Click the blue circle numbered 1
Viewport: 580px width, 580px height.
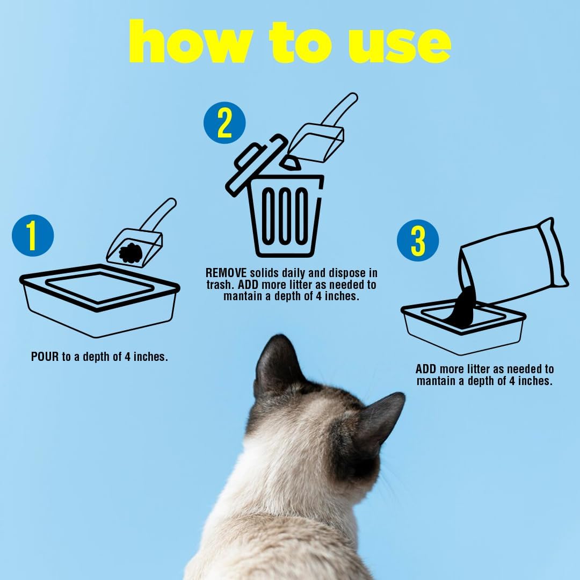click(33, 237)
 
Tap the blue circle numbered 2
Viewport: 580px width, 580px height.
click(224, 124)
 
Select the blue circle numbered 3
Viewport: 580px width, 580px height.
click(418, 241)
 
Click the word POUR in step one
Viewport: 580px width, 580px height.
click(45, 357)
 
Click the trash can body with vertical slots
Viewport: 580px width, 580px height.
click(286, 218)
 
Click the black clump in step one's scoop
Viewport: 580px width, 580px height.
click(130, 252)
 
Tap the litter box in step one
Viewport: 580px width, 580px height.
click(99, 301)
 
